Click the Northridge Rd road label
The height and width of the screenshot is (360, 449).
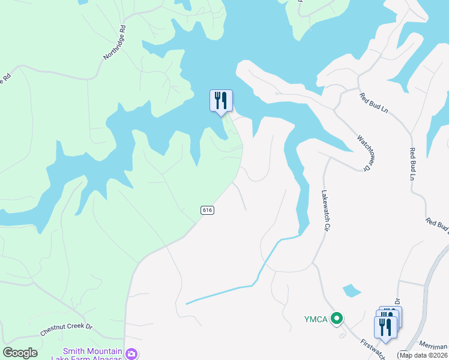click(114, 42)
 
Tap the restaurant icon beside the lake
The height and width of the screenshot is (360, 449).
click(221, 101)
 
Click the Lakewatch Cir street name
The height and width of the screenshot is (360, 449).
click(325, 211)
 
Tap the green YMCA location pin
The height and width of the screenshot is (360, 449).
click(337, 319)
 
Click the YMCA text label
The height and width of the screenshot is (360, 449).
click(315, 319)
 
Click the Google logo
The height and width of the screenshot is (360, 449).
click(20, 353)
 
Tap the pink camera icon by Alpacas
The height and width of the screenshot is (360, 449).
click(131, 354)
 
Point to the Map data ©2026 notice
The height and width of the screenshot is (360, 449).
click(423, 355)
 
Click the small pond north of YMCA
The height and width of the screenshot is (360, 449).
click(352, 291)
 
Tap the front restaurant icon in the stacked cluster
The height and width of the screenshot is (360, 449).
click(385, 327)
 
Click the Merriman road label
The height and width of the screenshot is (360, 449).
click(433, 347)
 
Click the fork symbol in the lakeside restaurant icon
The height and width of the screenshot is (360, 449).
click(217, 99)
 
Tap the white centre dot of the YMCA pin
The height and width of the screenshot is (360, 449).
click(337, 319)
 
